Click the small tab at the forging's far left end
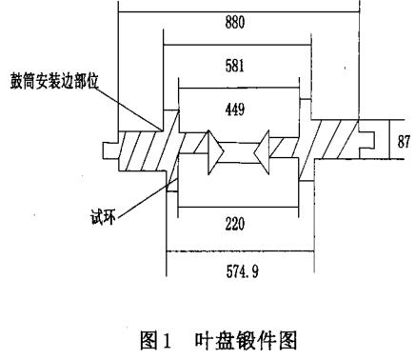pyautogui.click(x=105, y=148)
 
